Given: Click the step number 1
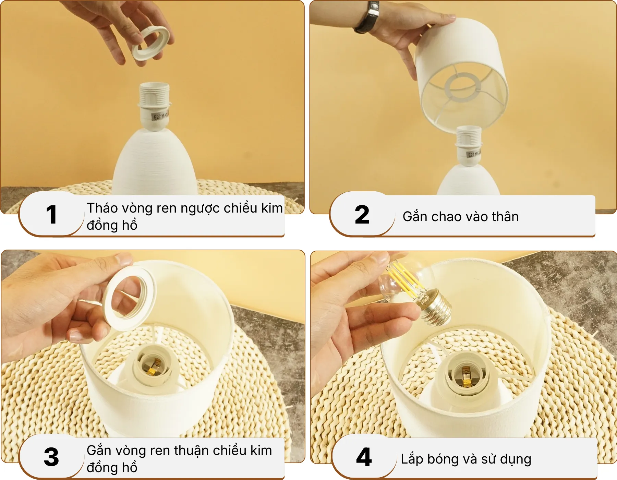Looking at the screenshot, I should pos(51,215).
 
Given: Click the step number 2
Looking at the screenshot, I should pos(362,215).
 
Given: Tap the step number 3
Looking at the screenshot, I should pos(51,457).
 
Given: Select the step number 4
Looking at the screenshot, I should pos(364,457).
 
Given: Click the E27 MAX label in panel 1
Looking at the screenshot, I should pos(160,116).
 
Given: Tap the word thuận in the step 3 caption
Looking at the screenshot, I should pos(192,451).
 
